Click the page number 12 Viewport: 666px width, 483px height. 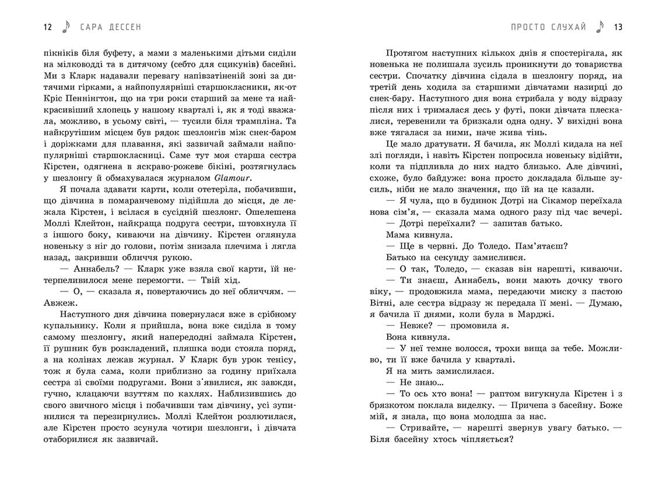tap(48, 27)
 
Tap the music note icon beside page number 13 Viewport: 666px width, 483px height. tap(601, 26)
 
